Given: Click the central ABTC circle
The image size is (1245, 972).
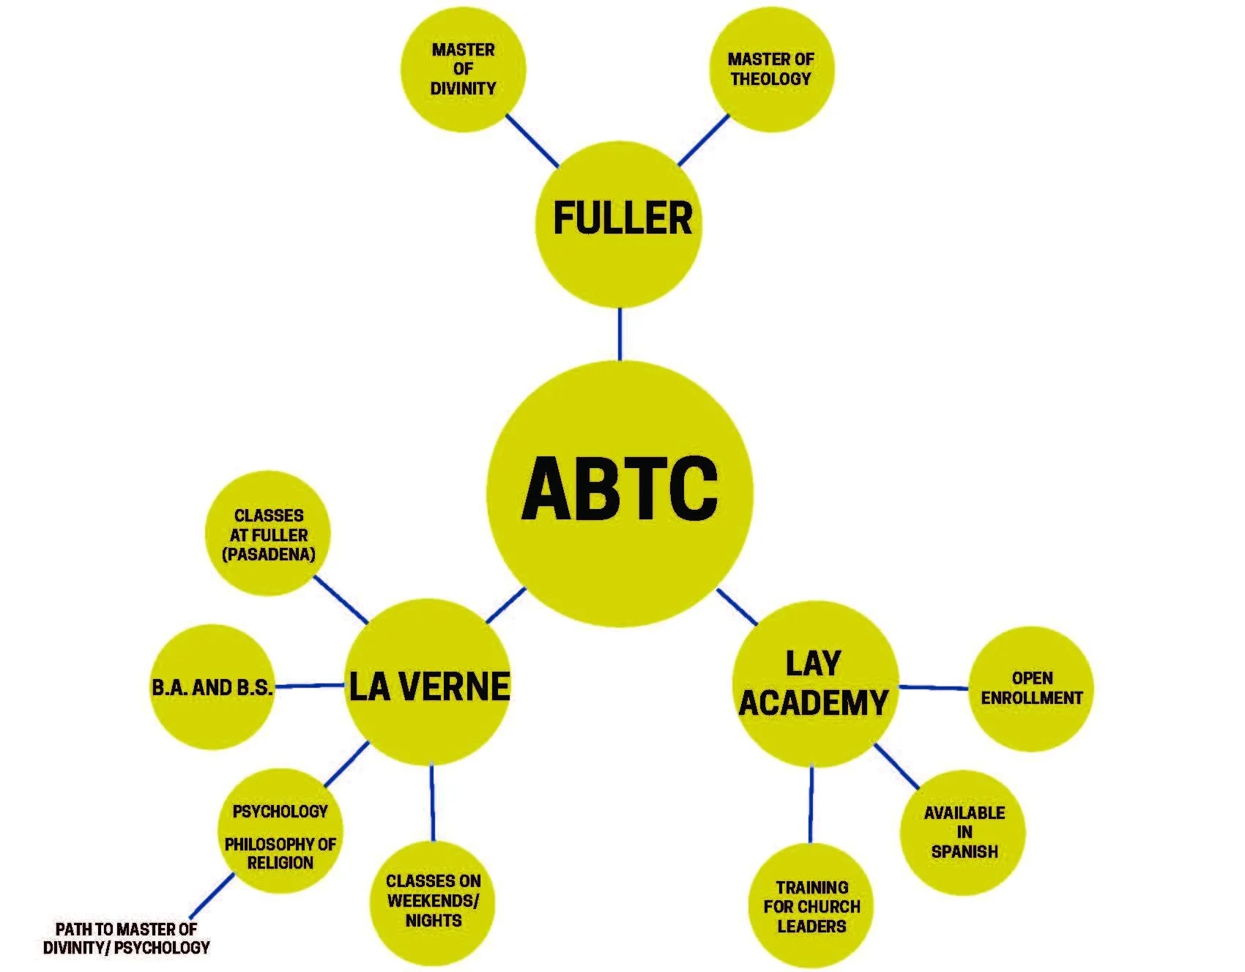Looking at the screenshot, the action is point(620,492).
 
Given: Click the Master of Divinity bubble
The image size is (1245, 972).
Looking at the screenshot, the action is point(463,70).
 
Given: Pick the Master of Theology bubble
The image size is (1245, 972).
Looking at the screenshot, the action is point(771,70).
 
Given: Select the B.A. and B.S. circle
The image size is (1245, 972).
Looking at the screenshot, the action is point(211,687).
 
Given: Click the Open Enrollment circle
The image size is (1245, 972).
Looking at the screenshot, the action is point(1031,689).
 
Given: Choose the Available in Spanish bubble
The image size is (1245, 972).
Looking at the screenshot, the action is point(963,832).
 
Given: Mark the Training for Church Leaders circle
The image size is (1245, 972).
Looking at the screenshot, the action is point(811,907).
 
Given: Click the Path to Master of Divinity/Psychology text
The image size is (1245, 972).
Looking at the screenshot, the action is point(126,938).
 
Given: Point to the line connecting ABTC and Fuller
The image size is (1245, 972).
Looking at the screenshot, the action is point(620,334).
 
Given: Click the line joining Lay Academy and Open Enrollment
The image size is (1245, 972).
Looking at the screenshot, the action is point(934,688).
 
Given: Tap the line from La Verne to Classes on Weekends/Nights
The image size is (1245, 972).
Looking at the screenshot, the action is point(432,802).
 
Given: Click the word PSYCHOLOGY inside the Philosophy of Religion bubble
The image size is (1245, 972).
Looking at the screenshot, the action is point(280,812).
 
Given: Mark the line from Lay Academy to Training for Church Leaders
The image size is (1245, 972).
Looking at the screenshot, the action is point(811,804).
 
